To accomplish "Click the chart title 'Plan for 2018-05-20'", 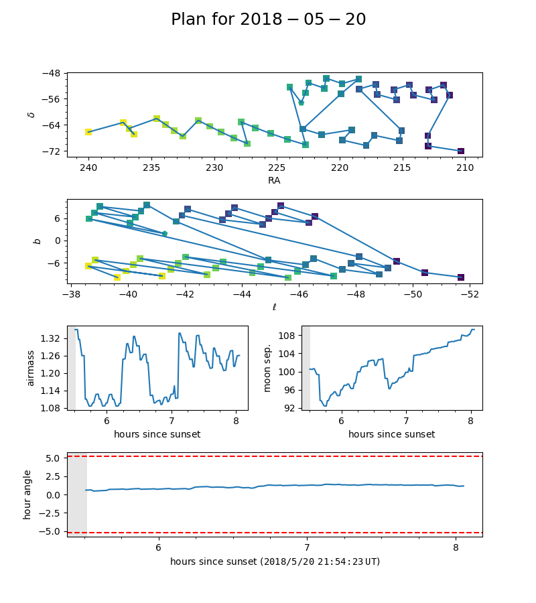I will point(268,19).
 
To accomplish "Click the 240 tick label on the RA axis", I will point(88,167).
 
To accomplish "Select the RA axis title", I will point(274,180).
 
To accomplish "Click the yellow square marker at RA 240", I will point(88,132).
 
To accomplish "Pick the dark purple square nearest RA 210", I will point(461,151).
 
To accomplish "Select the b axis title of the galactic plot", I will point(38,241).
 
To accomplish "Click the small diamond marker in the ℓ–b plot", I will point(165,234).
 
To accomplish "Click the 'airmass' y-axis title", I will point(30,367).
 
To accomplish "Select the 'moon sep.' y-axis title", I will point(268,367).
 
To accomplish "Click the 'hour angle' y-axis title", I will point(27,494).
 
